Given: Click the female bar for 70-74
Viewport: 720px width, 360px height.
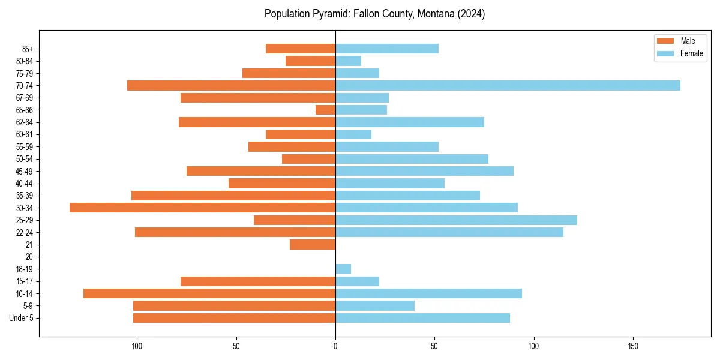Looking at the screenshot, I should click(508, 85).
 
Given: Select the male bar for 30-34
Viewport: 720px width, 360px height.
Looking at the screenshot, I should click(202, 208).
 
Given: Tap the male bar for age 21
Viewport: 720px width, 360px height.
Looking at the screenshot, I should click(313, 245).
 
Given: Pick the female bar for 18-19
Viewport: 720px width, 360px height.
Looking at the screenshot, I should click(343, 269).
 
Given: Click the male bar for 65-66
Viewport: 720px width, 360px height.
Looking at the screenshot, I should click(325, 110).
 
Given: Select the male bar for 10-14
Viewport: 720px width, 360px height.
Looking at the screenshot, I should click(209, 293).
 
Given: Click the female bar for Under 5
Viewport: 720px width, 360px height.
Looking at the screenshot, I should click(422, 318).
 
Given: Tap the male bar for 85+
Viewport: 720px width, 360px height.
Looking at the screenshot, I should click(301, 49).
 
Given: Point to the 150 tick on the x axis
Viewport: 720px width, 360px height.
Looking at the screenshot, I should click(633, 346).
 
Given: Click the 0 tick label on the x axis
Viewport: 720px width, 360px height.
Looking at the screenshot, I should click(335, 346).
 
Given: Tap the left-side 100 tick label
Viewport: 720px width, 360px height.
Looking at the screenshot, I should click(137, 346).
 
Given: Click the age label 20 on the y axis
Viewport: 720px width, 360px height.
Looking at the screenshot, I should click(29, 257).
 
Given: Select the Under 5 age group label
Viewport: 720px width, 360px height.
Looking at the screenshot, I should click(22, 318).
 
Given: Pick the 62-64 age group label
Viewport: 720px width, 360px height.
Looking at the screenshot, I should click(25, 122).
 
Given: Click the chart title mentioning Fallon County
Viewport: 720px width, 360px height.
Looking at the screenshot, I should click(374, 14).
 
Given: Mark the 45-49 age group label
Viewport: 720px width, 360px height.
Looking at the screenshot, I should click(25, 171).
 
